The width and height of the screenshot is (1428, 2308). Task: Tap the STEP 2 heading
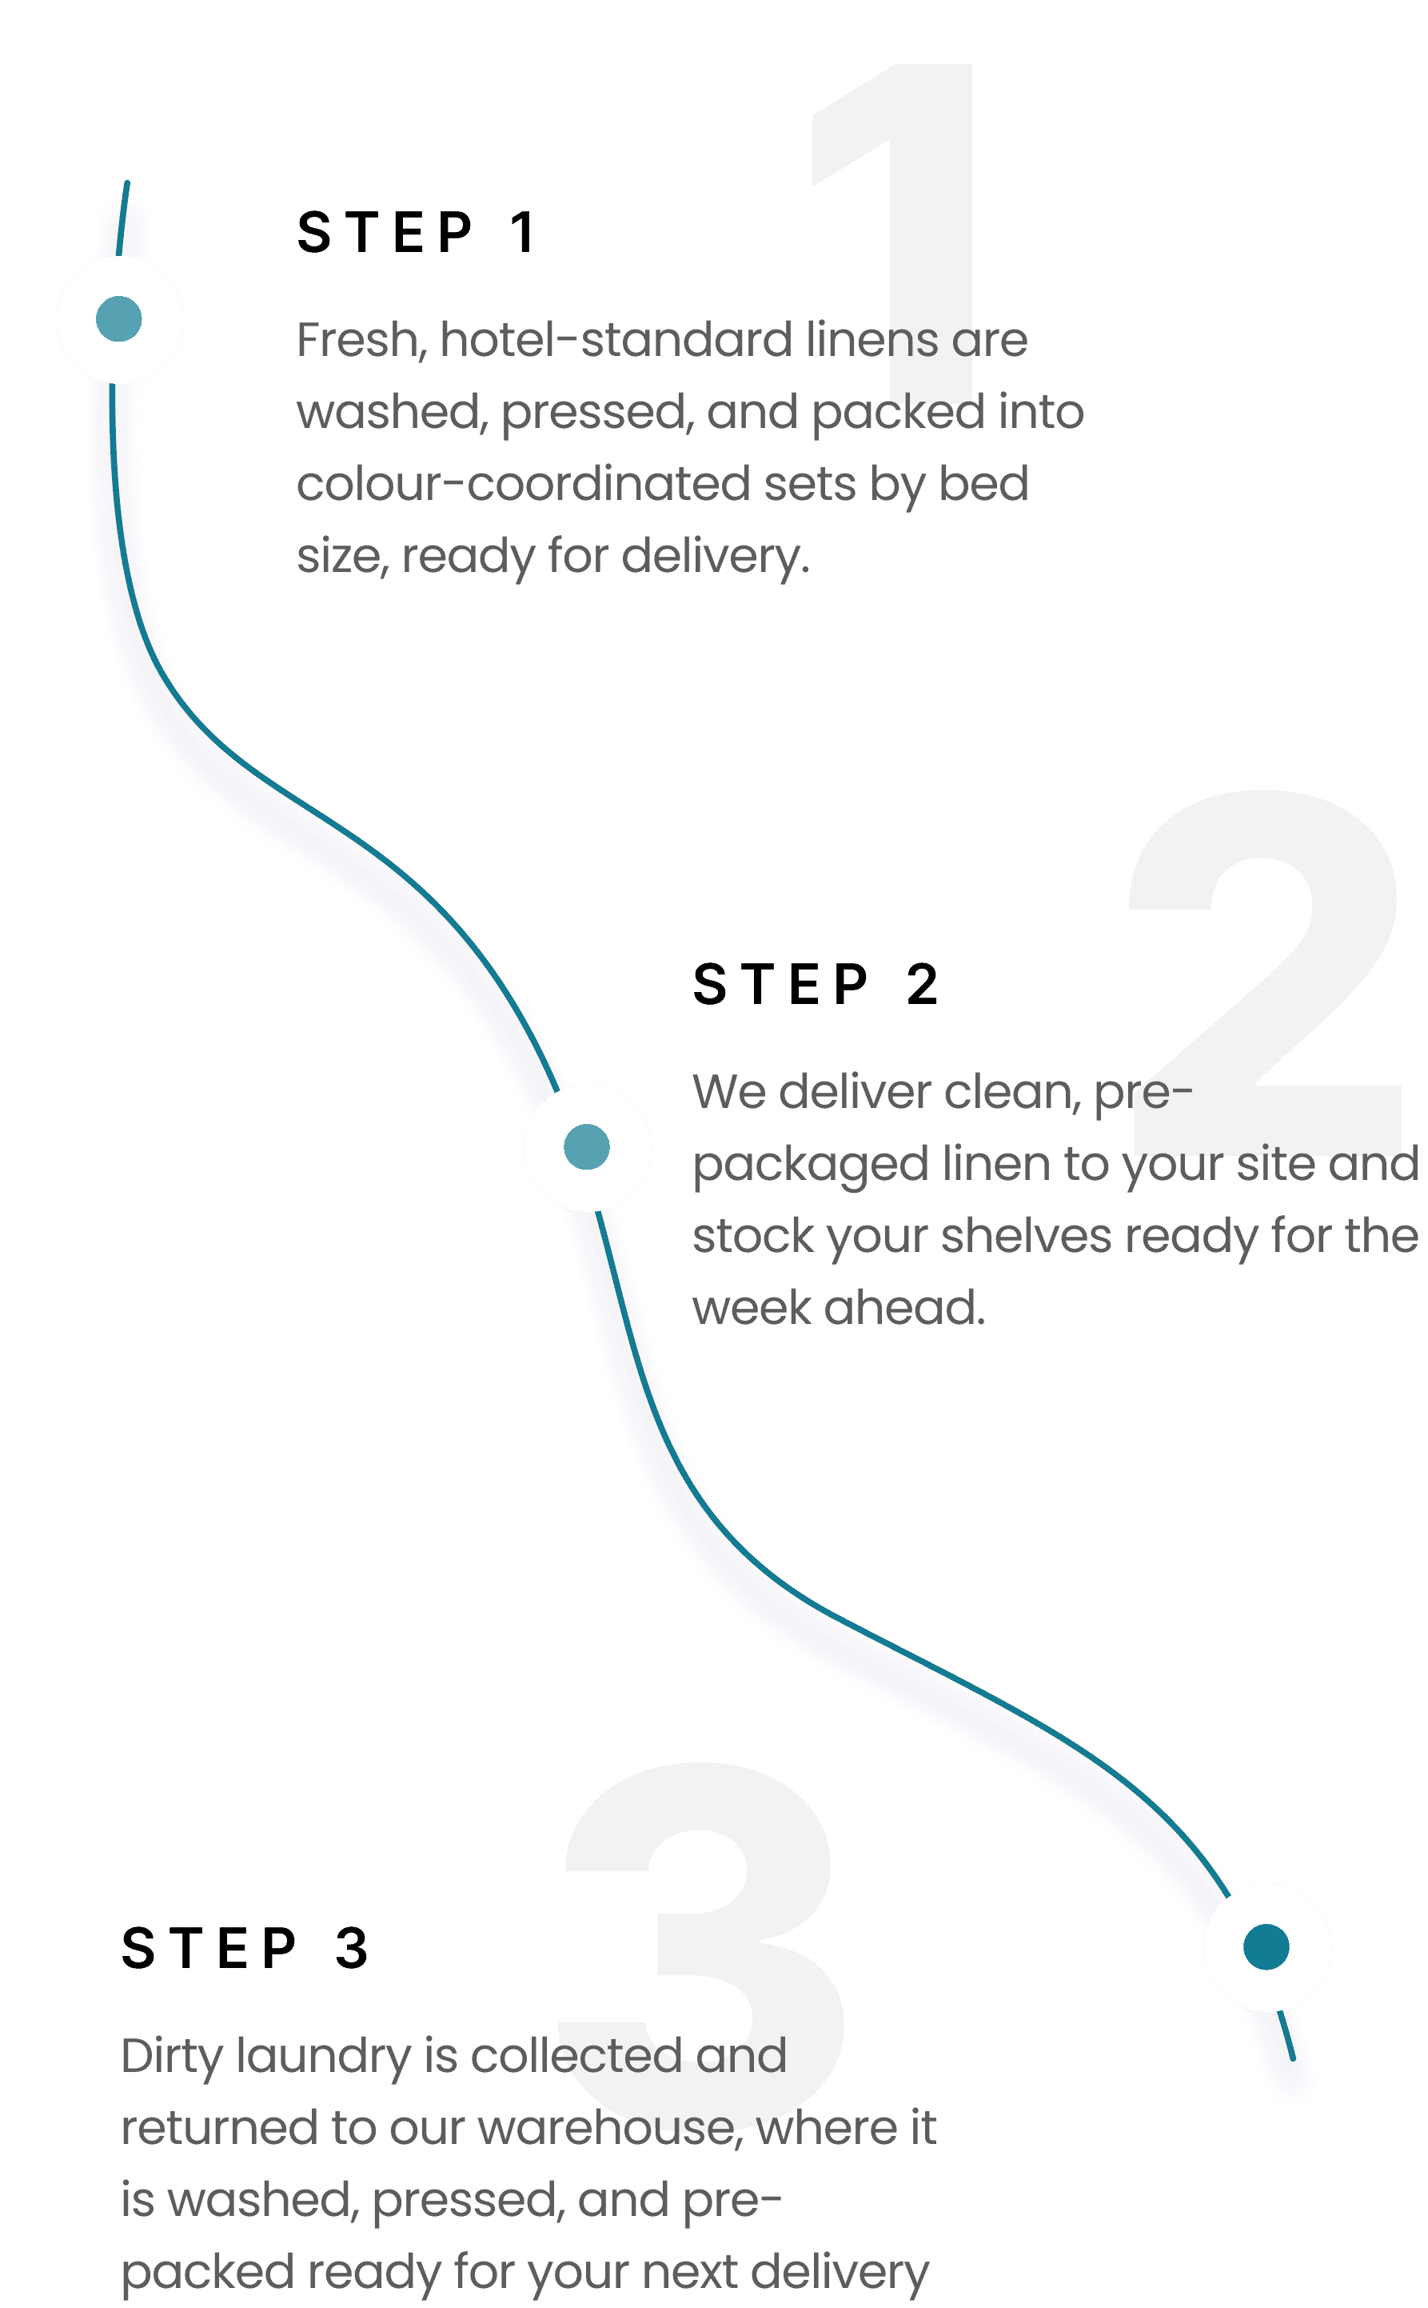(x=816, y=985)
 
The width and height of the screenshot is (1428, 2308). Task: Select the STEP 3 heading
(x=245, y=1949)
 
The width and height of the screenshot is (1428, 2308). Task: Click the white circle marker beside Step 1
(x=119, y=319)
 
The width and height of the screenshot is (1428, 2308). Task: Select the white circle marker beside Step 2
(x=587, y=1147)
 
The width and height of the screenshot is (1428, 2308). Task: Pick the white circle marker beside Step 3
(x=1266, y=1947)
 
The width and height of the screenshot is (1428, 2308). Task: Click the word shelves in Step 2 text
(x=1026, y=1236)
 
